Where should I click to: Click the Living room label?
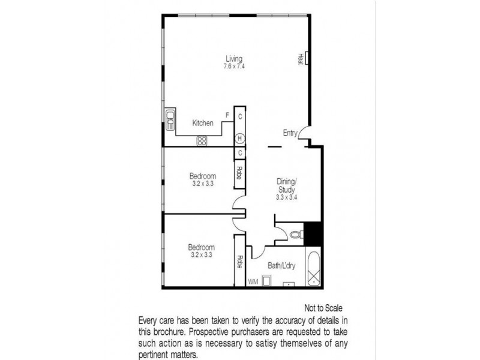click(234, 59)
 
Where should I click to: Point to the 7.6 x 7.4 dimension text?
click(234, 66)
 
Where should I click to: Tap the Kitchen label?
click(203, 123)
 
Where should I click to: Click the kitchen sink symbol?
click(170, 119)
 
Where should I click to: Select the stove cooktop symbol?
click(202, 141)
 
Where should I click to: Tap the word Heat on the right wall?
click(300, 59)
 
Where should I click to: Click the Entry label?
click(290, 133)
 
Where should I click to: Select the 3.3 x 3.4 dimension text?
click(287, 196)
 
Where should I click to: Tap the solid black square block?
click(313, 233)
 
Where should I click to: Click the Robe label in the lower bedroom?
click(239, 262)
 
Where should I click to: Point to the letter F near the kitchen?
click(227, 115)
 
